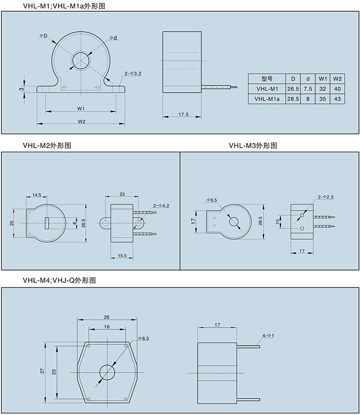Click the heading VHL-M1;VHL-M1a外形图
pyautogui.click(x=67, y=6)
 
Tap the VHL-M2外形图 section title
pyautogui.click(x=47, y=146)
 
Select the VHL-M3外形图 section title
pyautogui.click(x=253, y=146)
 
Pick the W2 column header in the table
pyautogui.click(x=337, y=79)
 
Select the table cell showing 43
pyautogui.click(x=337, y=98)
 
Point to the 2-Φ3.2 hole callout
pyautogui.click(x=133, y=74)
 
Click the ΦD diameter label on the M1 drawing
pyautogui.click(x=43, y=35)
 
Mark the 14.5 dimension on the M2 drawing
pyautogui.click(x=37, y=195)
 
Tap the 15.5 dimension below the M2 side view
pyautogui.click(x=122, y=255)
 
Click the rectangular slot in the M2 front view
pyautogui.click(x=47, y=223)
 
